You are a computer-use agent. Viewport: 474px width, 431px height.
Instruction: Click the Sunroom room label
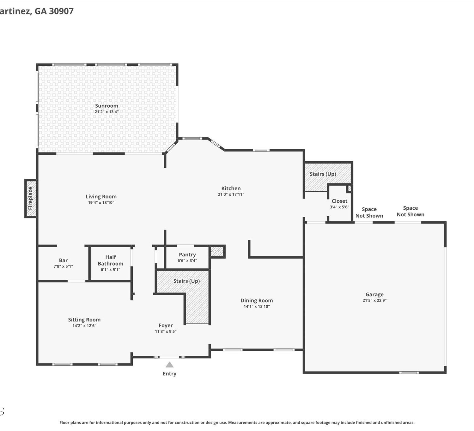pyautogui.click(x=106, y=106)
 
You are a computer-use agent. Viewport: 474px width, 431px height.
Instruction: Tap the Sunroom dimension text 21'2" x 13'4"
pyautogui.click(x=106, y=112)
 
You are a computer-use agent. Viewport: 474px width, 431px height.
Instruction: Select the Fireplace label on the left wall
pyautogui.click(x=30, y=198)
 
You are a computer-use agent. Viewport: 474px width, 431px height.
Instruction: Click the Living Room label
pyautogui.click(x=101, y=196)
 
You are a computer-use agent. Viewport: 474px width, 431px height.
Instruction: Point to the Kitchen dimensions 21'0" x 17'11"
pyautogui.click(x=231, y=195)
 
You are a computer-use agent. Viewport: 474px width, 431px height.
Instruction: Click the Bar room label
pyautogui.click(x=63, y=260)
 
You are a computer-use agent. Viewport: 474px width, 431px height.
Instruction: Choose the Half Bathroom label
pyautogui.click(x=111, y=260)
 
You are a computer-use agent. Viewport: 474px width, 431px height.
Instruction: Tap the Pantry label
pyautogui.click(x=187, y=254)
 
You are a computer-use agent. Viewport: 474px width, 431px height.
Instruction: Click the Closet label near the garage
pyautogui.click(x=340, y=201)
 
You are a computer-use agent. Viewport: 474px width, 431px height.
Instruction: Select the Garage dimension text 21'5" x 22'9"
pyautogui.click(x=374, y=300)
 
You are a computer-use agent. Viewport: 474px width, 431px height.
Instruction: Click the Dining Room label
pyautogui.click(x=257, y=300)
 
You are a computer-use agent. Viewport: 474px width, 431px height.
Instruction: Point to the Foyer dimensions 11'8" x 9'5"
pyautogui.click(x=166, y=331)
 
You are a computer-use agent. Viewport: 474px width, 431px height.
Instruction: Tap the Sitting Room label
pyautogui.click(x=84, y=320)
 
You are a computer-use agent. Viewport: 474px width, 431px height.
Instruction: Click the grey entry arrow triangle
pyautogui.click(x=169, y=365)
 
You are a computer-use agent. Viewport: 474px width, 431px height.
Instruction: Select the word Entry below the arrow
pyautogui.click(x=169, y=374)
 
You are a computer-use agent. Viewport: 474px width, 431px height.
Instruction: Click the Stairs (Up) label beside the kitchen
pyautogui.click(x=323, y=174)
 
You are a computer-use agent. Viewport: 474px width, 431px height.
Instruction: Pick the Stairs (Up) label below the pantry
pyautogui.click(x=186, y=281)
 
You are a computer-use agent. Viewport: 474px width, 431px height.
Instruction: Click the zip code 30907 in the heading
pyautogui.click(x=61, y=11)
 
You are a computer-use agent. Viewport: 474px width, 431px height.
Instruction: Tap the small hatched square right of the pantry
pyautogui.click(x=217, y=252)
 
